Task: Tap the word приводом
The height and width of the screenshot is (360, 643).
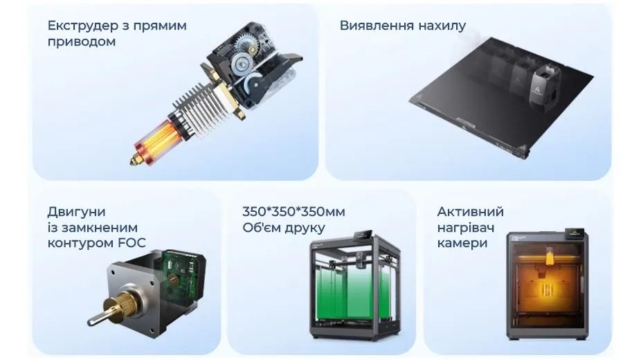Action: (x=82, y=42)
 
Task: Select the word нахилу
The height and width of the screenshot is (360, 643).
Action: (x=442, y=26)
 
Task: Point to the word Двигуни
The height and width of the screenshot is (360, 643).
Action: (x=76, y=212)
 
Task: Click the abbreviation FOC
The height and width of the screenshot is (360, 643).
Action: (x=132, y=243)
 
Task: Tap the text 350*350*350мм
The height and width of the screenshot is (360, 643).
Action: (x=293, y=212)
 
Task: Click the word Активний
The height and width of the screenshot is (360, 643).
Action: (x=471, y=212)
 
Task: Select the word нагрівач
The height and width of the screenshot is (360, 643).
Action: (x=465, y=228)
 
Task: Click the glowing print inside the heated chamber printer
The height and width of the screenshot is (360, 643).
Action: (x=547, y=290)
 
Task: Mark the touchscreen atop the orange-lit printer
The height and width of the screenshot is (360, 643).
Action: (x=574, y=233)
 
